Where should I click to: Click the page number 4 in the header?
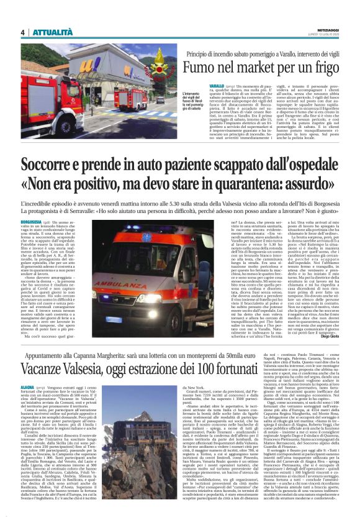click(23, 32)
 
